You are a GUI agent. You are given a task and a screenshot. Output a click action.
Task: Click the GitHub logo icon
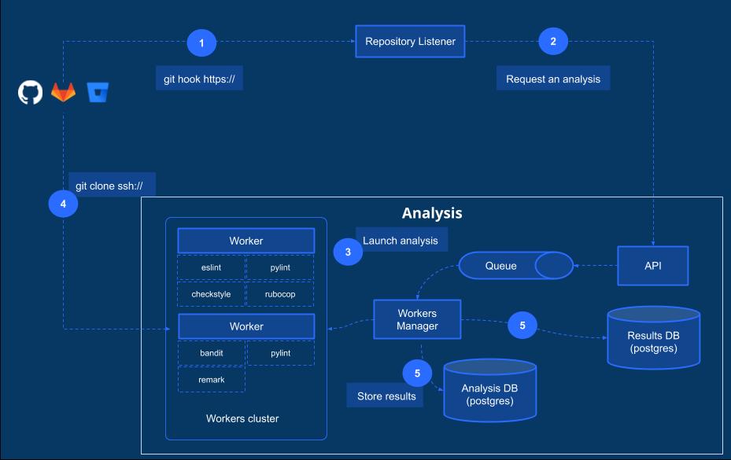coord(30,92)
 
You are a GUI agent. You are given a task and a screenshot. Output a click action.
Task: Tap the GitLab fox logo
coord(64,92)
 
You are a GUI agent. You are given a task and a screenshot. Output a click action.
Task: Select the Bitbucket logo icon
coord(98,92)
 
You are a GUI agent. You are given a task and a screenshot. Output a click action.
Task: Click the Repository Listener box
coord(410,42)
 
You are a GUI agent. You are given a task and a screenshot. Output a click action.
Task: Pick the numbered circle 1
coord(201,42)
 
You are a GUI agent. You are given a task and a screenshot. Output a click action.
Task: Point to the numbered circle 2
coord(553,42)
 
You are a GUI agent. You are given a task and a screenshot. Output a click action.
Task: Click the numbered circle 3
coord(348,252)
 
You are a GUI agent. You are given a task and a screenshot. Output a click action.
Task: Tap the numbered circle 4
coord(63,204)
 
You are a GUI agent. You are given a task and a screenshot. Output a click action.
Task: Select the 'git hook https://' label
coord(199,79)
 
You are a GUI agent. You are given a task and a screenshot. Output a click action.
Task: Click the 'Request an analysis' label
coord(552,79)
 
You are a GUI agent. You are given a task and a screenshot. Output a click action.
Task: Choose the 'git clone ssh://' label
coord(111,186)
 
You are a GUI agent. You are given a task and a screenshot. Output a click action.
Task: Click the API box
coord(652,266)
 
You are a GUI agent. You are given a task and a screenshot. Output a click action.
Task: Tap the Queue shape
coord(516,266)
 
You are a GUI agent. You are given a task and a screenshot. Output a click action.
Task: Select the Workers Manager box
coord(416,319)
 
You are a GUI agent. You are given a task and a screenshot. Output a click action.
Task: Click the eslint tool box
coord(210,267)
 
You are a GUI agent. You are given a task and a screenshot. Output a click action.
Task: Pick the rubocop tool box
coord(280,294)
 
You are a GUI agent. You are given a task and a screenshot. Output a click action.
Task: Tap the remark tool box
coord(211,380)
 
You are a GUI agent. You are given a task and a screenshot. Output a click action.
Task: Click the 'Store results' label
coord(386,396)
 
